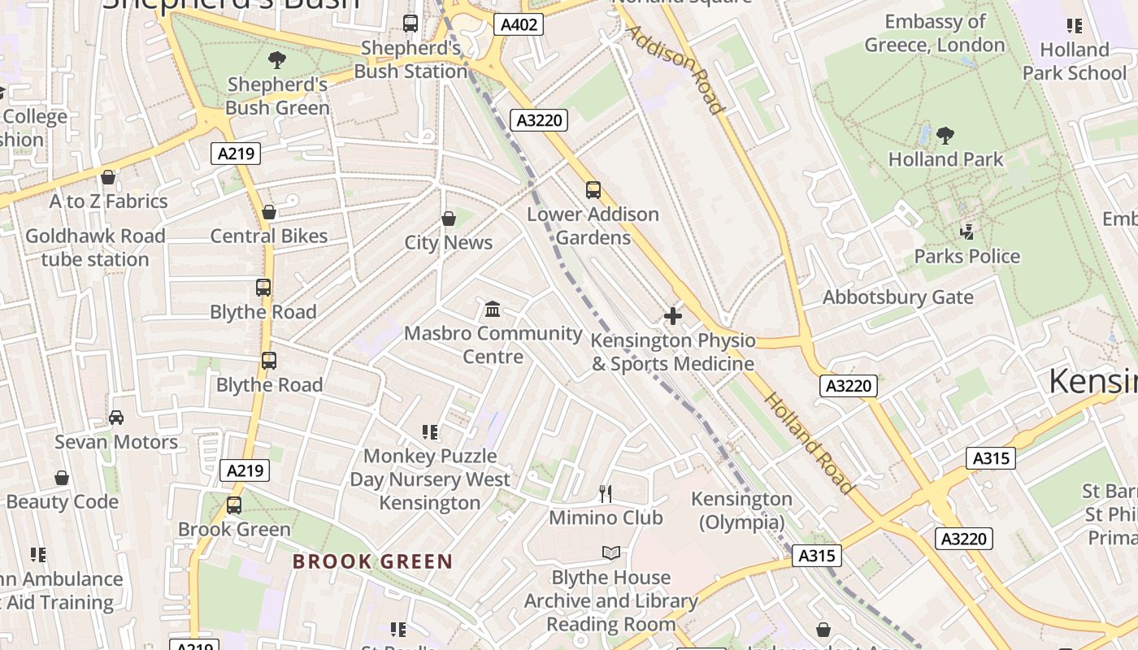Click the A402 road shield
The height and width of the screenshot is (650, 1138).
click(519, 24)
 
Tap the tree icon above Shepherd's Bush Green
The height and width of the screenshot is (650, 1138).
click(277, 59)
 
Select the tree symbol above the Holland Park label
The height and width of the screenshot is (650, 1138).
click(945, 135)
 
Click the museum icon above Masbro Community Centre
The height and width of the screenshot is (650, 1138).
click(493, 309)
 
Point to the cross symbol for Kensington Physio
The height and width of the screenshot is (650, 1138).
click(673, 316)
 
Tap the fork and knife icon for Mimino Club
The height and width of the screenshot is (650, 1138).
click(606, 493)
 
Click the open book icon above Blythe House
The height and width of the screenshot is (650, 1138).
click(611, 553)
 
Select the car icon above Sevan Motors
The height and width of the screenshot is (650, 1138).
click(116, 418)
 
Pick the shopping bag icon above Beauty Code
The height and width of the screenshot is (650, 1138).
click(62, 478)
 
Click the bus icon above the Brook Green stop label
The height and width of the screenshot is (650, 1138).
click(234, 505)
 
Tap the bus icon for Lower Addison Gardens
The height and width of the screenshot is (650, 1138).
click(593, 190)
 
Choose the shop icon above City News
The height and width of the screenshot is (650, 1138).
click(449, 219)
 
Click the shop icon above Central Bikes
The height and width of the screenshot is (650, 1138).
click(269, 212)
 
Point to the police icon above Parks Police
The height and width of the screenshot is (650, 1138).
click(966, 232)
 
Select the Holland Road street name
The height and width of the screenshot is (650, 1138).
click(809, 444)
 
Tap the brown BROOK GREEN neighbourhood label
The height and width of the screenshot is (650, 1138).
click(372, 561)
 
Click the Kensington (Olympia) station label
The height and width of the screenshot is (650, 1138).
click(741, 510)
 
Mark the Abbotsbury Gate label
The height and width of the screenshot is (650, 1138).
click(897, 297)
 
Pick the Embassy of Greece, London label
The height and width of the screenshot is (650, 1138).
click(935, 33)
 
